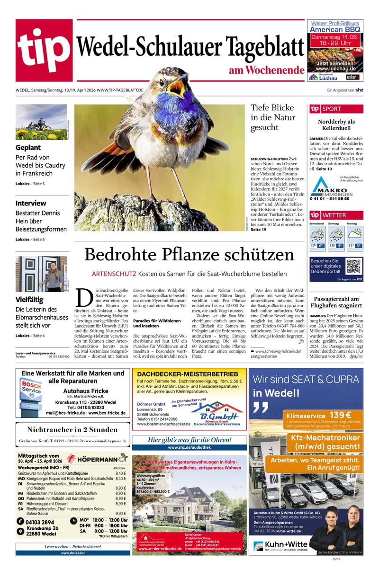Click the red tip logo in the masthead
click(x=44, y=51)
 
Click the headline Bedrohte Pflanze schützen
click(x=189, y=254)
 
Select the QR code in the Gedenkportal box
click(x=353, y=266)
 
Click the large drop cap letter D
click(x=84, y=297)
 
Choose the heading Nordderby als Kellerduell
click(x=336, y=125)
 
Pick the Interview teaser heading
click(x=31, y=203)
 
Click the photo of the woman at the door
click(x=42, y=274)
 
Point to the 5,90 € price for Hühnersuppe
click(x=120, y=504)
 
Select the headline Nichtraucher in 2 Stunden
click(x=72, y=430)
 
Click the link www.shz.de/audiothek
click(x=189, y=447)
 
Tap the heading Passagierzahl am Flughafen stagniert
click(x=336, y=302)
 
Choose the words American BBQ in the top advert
click(x=335, y=29)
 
